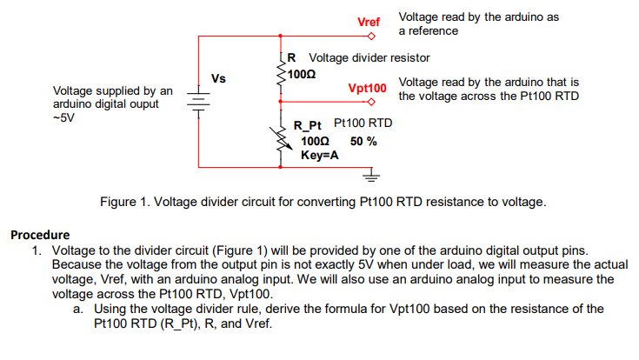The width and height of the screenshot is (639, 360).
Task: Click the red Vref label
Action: point(369,22)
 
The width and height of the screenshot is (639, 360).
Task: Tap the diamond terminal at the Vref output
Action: point(371,37)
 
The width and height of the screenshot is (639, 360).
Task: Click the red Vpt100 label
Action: point(367,89)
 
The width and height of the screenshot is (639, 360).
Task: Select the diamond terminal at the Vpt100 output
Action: point(371,102)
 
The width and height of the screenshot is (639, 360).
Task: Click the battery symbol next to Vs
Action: point(198,102)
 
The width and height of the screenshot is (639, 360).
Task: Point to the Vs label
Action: point(218,78)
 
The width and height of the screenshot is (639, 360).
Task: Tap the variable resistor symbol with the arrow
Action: point(281,137)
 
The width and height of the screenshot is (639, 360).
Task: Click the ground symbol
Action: point(371,175)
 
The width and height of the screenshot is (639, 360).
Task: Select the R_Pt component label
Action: point(307,125)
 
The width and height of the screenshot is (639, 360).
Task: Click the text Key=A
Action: point(320,156)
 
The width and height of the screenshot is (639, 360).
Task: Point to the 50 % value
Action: point(363,142)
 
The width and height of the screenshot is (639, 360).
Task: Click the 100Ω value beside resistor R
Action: point(302,75)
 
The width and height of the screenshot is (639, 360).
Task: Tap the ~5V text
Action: point(64,118)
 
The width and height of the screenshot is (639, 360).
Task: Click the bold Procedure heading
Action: point(40,235)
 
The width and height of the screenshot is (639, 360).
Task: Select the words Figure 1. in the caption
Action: point(125,202)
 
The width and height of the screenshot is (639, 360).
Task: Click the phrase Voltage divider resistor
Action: point(369,58)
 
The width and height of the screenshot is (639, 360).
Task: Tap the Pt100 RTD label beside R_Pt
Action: point(363,123)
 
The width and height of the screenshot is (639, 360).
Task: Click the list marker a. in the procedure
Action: point(78,309)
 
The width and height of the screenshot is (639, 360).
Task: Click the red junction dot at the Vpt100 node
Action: point(280,102)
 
